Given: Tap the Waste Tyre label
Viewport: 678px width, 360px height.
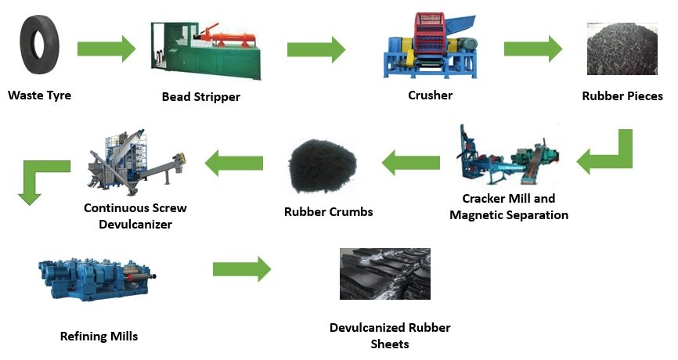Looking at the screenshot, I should tap(39, 96).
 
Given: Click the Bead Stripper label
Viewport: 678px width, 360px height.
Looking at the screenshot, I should tap(200, 97).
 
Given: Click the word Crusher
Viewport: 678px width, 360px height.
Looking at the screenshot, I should tap(430, 95).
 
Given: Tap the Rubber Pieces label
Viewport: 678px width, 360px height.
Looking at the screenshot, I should tap(622, 97).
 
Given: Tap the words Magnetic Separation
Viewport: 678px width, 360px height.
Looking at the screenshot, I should tap(509, 215).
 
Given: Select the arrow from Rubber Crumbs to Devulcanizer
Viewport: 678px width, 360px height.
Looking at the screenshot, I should tap(233, 164).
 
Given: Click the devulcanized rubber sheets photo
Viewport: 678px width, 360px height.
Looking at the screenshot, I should tap(384, 274).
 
